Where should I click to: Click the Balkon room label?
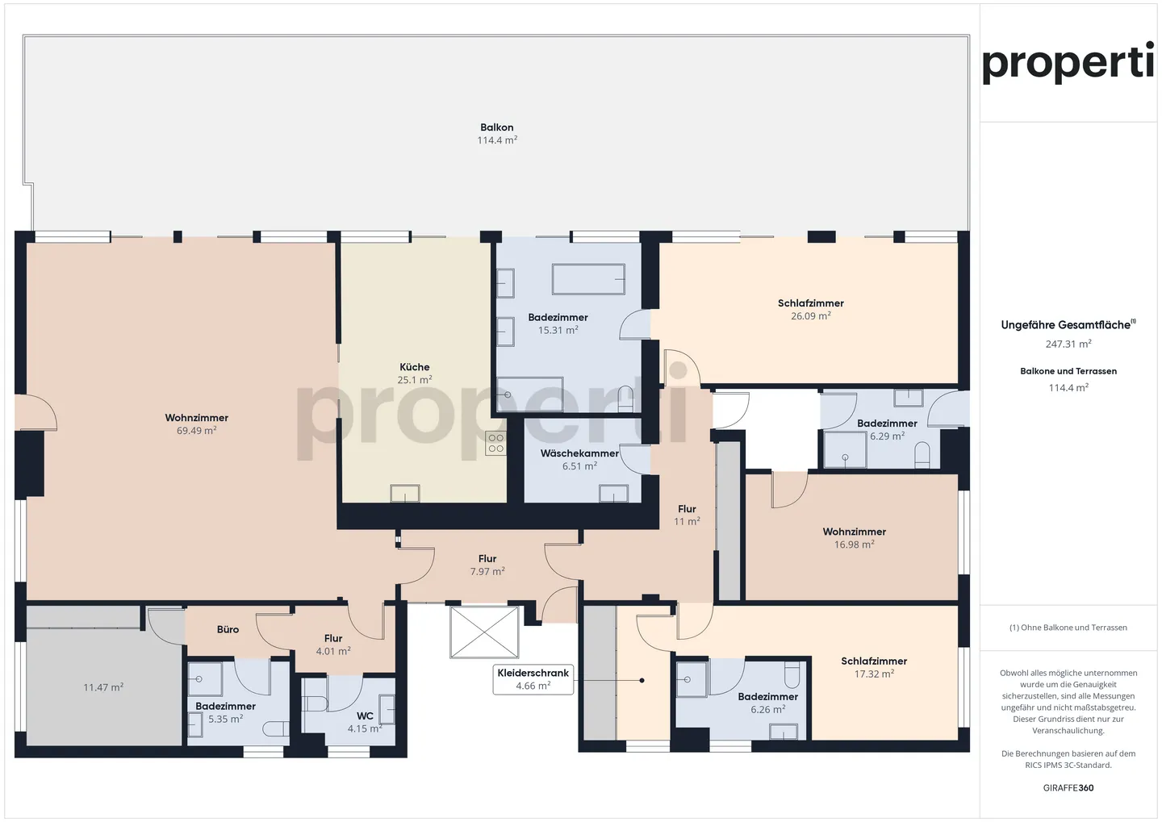pos(496,127)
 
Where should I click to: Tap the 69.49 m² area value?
pos(196,431)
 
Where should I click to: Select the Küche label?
pos(415,367)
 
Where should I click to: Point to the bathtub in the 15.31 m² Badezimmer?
pos(588,279)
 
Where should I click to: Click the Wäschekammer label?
pos(579,453)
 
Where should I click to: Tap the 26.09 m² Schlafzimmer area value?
pos(810,316)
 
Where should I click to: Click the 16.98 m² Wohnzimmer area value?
pos(854,545)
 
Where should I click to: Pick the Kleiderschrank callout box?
pos(533,679)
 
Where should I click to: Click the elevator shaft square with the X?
pos(484,632)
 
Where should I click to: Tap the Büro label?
pos(228,629)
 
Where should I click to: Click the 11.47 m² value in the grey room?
pos(103,687)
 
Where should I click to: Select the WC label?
pos(365,716)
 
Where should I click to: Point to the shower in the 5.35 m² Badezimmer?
pos(205,680)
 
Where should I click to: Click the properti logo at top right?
pos(1068,63)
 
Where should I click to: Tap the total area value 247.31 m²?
pos(1068,344)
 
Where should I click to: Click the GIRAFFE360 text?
pos(1068,787)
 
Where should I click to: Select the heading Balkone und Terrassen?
pos(1068,371)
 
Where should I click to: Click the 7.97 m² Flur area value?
pos(487,571)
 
